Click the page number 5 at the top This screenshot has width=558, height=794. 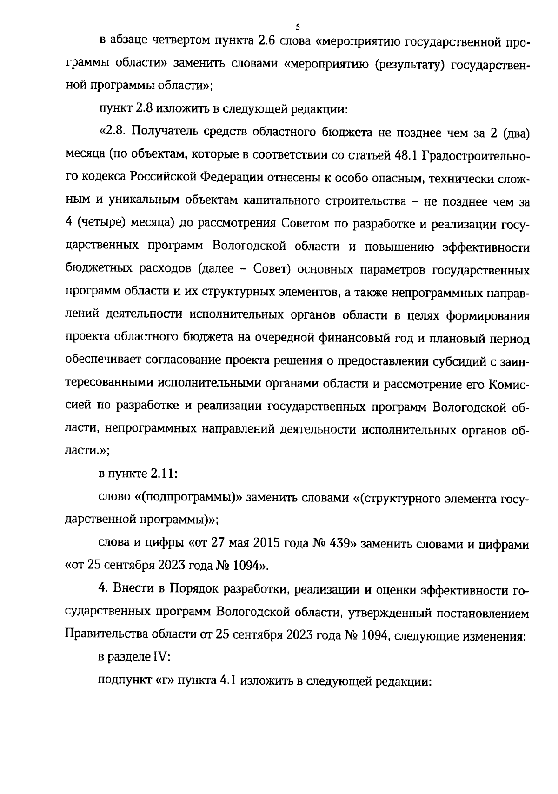point(298,27)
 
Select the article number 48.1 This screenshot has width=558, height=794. point(407,155)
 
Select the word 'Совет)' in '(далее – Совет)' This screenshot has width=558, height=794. point(272,270)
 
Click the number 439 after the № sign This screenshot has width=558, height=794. point(339,543)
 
